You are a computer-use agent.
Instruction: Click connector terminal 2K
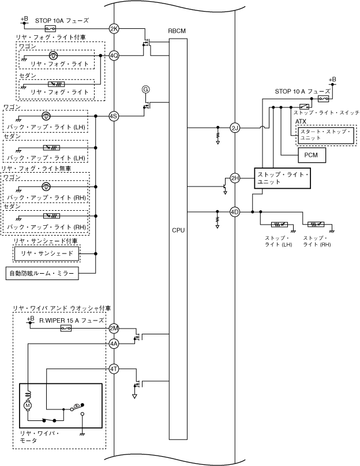pos(114,29)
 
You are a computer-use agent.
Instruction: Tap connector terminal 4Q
pos(114,55)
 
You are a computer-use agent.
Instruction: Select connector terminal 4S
pos(114,116)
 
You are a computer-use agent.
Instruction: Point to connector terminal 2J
pos(235,128)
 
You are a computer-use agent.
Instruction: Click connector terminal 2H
pos(235,178)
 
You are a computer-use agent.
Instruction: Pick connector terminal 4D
pos(235,212)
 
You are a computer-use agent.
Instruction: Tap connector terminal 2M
pos(114,329)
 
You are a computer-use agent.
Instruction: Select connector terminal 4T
pos(114,369)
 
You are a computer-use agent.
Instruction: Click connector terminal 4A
pos(114,344)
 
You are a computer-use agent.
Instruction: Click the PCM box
pos(312,155)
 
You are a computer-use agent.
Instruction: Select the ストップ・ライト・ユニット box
pos(283,178)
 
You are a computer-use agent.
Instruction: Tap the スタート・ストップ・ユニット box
pos(326,135)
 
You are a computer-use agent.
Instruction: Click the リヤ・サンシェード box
pos(47,253)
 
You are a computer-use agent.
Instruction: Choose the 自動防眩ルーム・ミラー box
pos(42,273)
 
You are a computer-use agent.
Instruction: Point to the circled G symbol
pos(145,90)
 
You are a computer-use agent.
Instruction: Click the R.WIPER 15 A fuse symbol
pos(66,329)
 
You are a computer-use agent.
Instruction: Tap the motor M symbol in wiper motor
pos(28,405)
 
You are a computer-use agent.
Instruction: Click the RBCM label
pos(177,31)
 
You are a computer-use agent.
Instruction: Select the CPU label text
pos(178,230)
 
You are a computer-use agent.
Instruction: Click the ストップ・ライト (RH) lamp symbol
pos(316,225)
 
